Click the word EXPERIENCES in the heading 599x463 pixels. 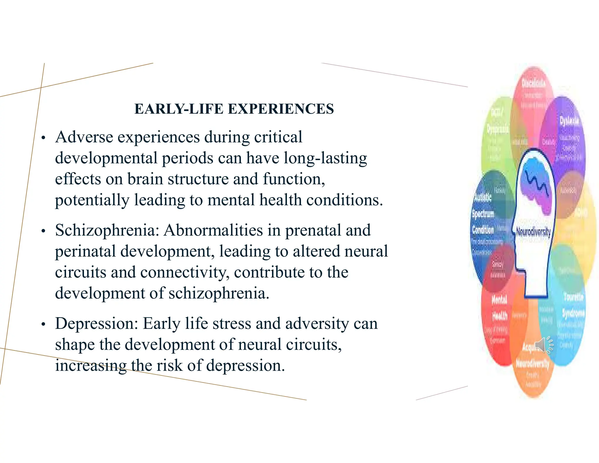[281, 109]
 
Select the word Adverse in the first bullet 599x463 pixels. [84, 137]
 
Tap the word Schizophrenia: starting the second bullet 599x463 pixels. [107, 230]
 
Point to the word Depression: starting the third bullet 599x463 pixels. [97, 324]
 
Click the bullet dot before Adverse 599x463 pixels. [44, 138]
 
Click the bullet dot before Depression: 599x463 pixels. [44, 325]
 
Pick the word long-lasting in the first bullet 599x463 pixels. [325, 158]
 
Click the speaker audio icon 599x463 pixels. [543, 345]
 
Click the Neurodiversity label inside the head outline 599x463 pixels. [533, 232]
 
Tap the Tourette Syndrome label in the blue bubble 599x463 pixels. [573, 305]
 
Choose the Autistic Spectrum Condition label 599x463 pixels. [483, 213]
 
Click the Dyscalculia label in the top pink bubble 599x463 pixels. [534, 83]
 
